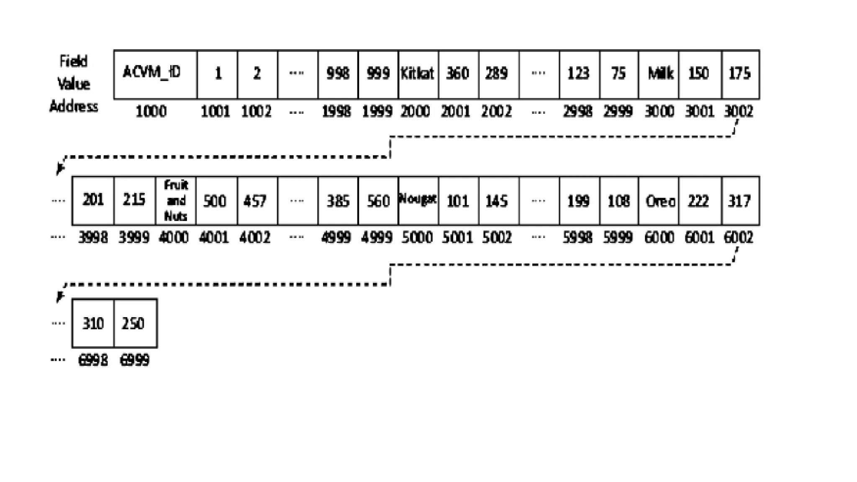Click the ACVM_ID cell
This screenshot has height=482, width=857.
click(x=155, y=74)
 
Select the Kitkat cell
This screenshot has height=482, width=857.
click(x=418, y=74)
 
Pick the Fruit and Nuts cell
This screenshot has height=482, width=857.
click(x=175, y=201)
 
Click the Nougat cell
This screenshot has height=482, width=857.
click(x=418, y=200)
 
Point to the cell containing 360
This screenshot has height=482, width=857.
click(x=458, y=74)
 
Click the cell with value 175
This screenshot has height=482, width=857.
click(x=740, y=74)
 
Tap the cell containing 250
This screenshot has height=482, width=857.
click(x=135, y=323)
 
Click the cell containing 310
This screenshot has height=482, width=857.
click(x=93, y=323)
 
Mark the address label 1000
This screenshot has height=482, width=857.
click(x=151, y=112)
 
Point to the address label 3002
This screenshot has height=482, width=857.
click(x=739, y=112)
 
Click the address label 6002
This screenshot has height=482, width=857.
click(x=739, y=238)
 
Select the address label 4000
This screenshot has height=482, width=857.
click(x=174, y=238)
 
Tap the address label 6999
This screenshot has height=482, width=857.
click(x=134, y=360)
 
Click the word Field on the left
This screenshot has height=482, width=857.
click(x=74, y=62)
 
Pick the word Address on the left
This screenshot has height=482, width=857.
click(x=74, y=107)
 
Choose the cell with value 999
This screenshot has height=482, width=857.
click(x=378, y=74)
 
